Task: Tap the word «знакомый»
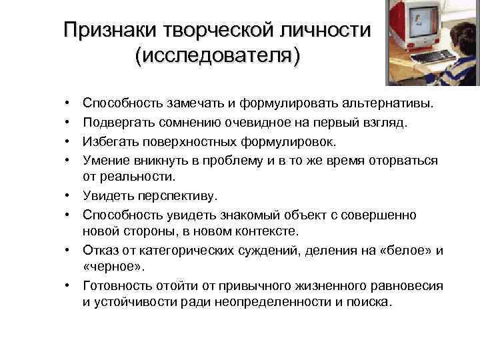[246, 215]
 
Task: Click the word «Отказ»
[99, 250]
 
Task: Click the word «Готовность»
[115, 285]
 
